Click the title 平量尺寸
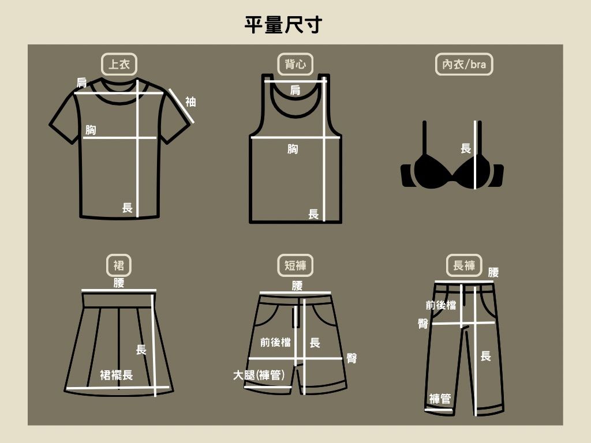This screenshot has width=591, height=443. pos(283,25)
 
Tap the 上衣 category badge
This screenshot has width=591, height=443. pos(119,64)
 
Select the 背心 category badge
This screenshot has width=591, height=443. pos(295,64)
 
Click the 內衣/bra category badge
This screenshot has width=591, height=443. pos(464,64)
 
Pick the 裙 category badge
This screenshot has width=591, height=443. pos(119,265)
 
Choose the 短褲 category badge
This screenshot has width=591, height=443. pos(295,265)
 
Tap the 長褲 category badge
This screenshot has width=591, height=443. pos(464,265)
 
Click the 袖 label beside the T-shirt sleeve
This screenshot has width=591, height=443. pos(190,102)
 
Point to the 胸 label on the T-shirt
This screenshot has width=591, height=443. pos(91,130)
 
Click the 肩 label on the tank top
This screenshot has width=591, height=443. pos(295,90)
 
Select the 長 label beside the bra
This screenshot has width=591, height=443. pos(466,148)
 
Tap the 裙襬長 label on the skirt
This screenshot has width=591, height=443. pos(117,375)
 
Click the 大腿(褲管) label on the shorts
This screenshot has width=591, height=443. pos(259,375)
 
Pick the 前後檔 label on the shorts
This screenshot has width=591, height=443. pos(275,343)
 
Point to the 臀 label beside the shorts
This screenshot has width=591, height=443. pos(351,358)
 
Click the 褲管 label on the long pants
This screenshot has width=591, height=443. pos(440,399)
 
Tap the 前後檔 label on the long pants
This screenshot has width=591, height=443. pos(441,305)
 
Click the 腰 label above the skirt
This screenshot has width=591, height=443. pos(119,283)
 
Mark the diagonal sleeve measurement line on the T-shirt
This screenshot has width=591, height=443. pos(181,106)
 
